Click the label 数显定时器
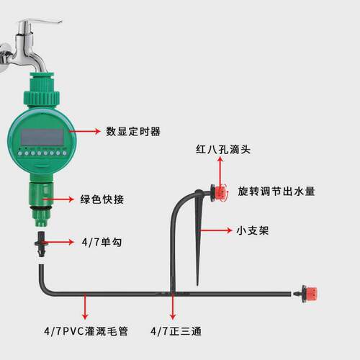[133, 132]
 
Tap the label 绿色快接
[102, 199]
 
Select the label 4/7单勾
[102, 242]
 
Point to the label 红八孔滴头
[223, 149]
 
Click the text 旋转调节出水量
[276, 192]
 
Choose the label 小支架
[253, 230]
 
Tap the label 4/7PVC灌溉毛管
[86, 331]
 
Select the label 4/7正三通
[176, 331]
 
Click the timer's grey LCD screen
[42, 137]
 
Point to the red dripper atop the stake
[219, 192]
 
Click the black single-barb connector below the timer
[42, 244]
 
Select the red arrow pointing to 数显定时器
[85, 131]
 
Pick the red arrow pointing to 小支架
[215, 230]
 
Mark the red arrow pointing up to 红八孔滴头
[220, 173]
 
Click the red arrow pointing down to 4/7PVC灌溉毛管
[85, 306]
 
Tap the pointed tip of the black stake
[197, 285]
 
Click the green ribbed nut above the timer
[41, 97]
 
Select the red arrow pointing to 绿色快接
[58, 199]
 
